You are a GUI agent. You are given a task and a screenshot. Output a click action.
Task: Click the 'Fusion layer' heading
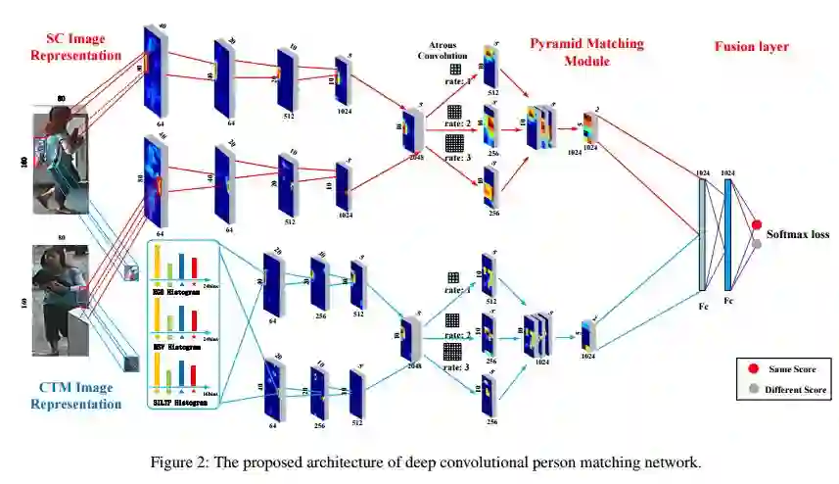(x=751, y=46)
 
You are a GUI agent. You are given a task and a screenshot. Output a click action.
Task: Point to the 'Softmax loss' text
(x=798, y=234)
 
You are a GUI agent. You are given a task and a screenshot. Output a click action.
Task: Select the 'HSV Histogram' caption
(x=177, y=346)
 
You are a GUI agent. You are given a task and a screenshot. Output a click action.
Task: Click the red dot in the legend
(x=753, y=368)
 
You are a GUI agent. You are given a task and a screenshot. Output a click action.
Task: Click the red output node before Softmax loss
(x=756, y=224)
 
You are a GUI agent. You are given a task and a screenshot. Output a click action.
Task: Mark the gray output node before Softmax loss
(x=756, y=243)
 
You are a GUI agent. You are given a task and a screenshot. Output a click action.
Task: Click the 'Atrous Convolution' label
(x=443, y=50)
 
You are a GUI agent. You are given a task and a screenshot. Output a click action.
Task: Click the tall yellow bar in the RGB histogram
(x=157, y=261)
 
